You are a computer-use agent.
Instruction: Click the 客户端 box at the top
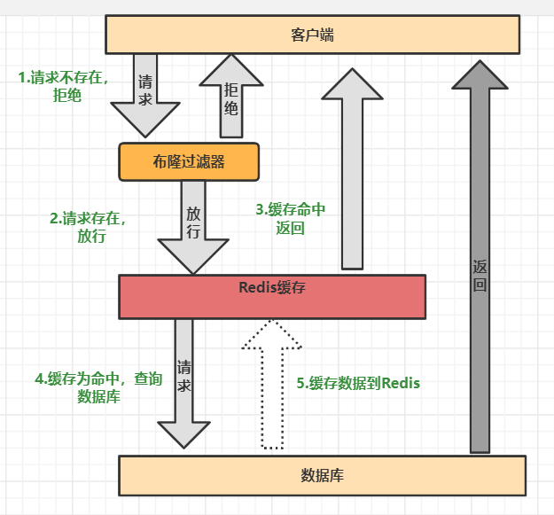311,35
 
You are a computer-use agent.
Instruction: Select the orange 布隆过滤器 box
188,162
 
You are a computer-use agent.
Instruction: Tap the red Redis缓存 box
272,296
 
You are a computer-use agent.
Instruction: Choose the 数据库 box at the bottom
322,475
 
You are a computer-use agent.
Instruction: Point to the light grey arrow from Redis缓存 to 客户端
352,168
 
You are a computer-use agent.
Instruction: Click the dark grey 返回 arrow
480,266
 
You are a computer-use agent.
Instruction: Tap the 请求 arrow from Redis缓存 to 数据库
183,381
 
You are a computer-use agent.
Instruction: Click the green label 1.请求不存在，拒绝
63,86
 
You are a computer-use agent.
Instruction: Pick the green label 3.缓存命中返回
291,218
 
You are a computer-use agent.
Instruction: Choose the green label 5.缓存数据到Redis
358,383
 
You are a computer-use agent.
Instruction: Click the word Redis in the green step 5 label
399,383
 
